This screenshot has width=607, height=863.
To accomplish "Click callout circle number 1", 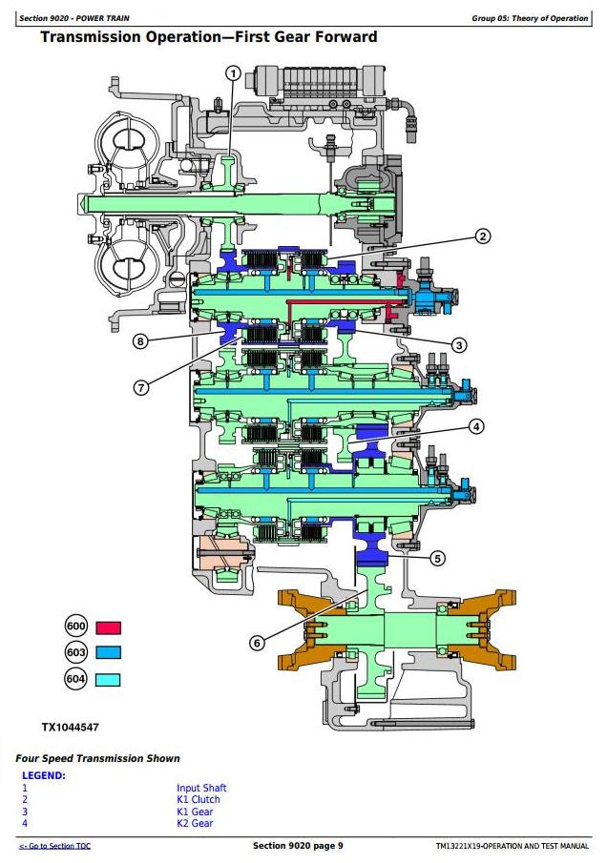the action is pyautogui.click(x=234, y=73).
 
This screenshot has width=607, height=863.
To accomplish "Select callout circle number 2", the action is pyautogui.click(x=483, y=236).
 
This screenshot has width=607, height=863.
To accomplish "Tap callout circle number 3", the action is pyautogui.click(x=459, y=345).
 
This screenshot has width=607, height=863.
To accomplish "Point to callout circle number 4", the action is pyautogui.click(x=476, y=426).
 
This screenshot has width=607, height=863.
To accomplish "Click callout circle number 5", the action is pyautogui.click(x=437, y=559).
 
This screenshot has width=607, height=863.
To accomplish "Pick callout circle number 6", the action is pyautogui.click(x=258, y=643).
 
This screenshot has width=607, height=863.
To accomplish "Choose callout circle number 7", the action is pyautogui.click(x=141, y=388).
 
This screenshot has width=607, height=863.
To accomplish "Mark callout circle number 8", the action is pyautogui.click(x=140, y=341).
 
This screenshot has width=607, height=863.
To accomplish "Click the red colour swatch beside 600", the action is pyautogui.click(x=108, y=628).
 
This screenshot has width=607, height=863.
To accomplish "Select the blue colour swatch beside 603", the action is pyautogui.click(x=108, y=653).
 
